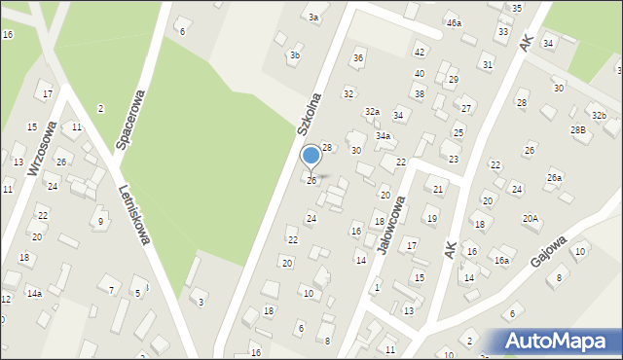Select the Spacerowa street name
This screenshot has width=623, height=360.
tap(131, 121)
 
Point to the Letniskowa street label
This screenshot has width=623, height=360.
tap(134, 214)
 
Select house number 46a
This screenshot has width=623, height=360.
tap(454, 22)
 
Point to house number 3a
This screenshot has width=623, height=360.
tap(313, 18)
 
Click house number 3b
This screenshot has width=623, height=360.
tap(294, 55)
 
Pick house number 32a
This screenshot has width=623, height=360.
tap(372, 112)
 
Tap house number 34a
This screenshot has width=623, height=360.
tap(384, 136)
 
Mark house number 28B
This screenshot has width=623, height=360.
tap(578, 129)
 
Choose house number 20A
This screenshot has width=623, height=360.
tap(531, 219)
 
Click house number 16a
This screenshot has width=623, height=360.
tap(501, 260)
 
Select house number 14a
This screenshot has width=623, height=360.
tap(34, 293)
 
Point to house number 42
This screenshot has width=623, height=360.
tap(420, 52)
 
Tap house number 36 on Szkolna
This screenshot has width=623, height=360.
tap(358, 58)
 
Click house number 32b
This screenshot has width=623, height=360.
tap(599, 116)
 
